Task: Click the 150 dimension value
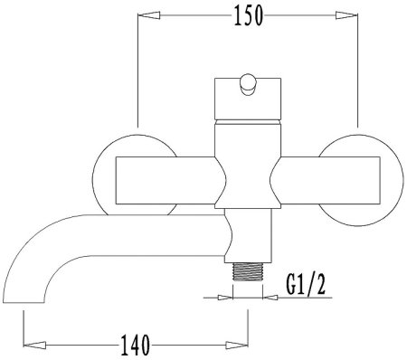tap(249, 15)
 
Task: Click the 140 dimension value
tap(135, 345)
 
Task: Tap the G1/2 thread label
tap(306, 284)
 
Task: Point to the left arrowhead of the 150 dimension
tap(148, 15)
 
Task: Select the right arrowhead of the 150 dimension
tap(346, 15)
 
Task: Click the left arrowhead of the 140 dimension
tap(34, 345)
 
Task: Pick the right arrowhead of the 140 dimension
tap(237, 345)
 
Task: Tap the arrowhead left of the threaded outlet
tap(225, 298)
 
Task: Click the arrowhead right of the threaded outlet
tap(270, 298)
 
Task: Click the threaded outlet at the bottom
tap(248, 271)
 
